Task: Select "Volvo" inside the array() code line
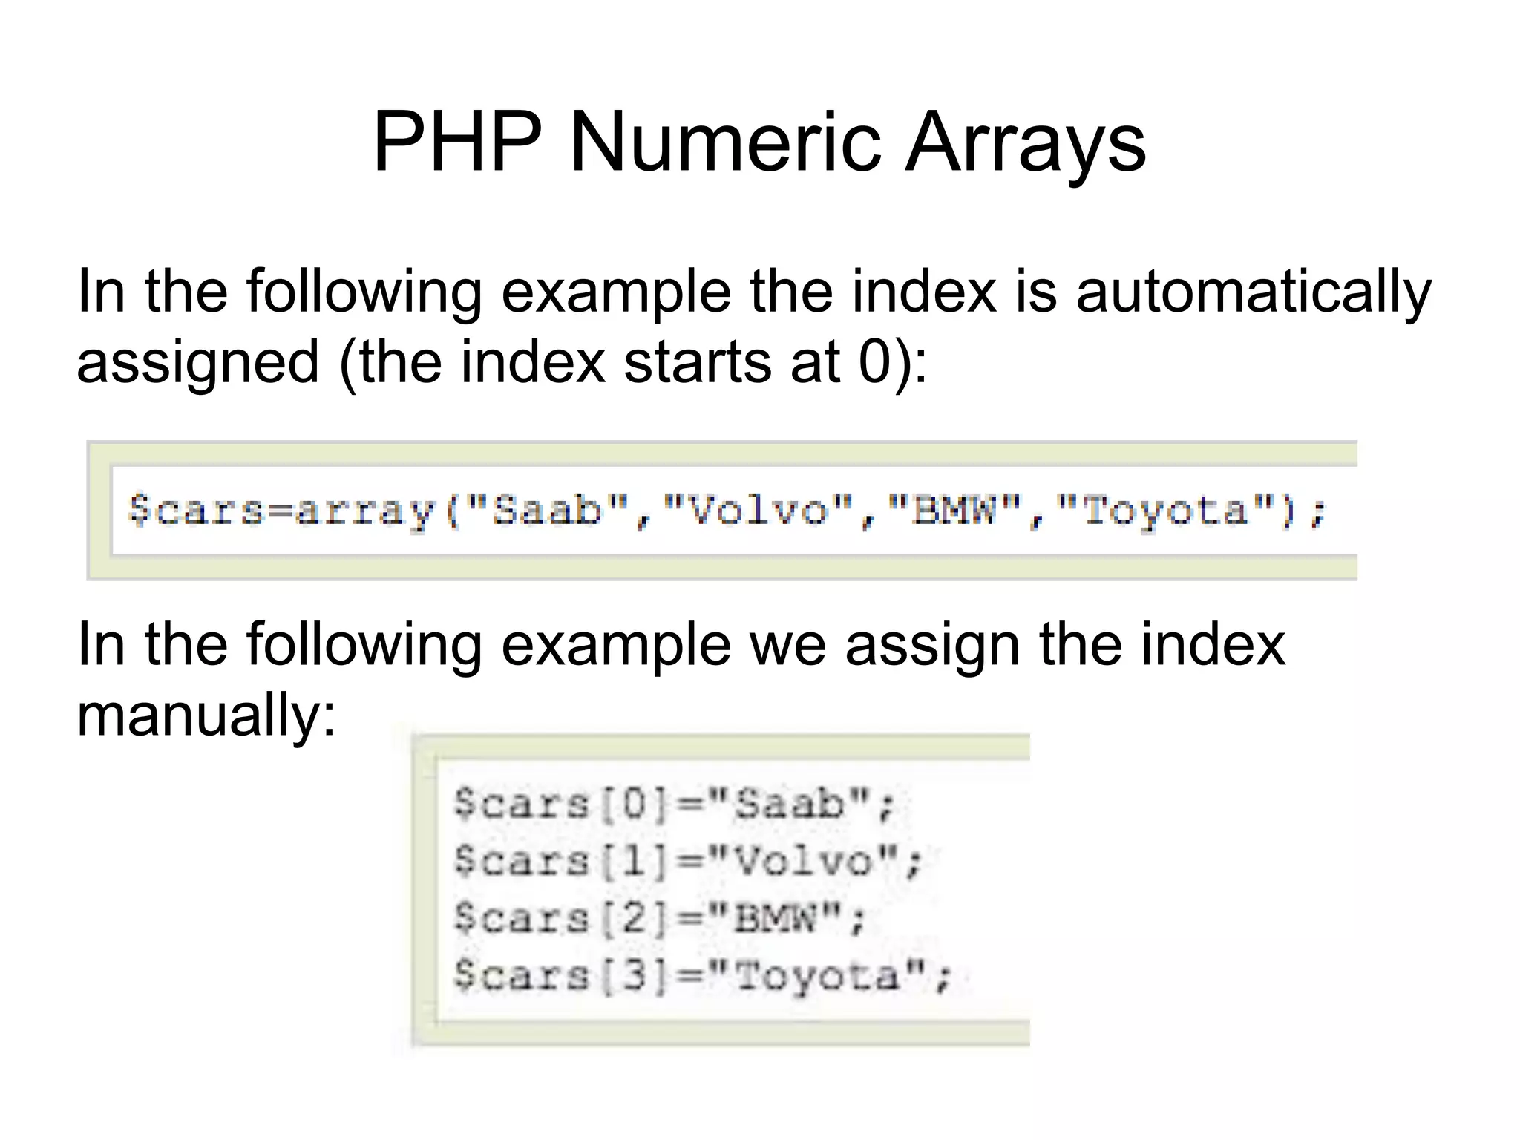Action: (757, 511)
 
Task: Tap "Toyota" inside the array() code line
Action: (1165, 511)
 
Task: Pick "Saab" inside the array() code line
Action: (548, 511)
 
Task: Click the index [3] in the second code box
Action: (635, 975)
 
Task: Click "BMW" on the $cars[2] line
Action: (776, 919)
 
